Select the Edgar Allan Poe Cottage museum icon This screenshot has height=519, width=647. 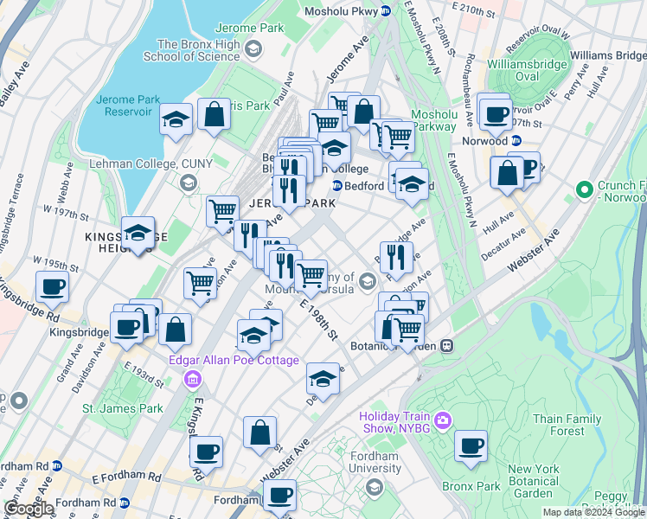pyautogui.click(x=193, y=378)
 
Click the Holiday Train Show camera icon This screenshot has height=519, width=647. pyautogui.click(x=443, y=420)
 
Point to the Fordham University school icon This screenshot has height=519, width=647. pyautogui.click(x=374, y=487)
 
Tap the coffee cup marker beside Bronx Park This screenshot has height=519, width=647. pyautogui.click(x=471, y=446)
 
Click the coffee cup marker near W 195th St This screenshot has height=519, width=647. pyautogui.click(x=52, y=286)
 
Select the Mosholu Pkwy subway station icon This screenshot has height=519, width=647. pyautogui.click(x=386, y=10)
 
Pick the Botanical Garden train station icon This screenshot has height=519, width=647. pyautogui.click(x=447, y=346)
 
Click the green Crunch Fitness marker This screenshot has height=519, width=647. pyautogui.click(x=585, y=188)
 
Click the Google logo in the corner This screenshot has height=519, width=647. pyautogui.click(x=29, y=509)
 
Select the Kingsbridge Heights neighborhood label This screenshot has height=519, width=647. pyautogui.click(x=113, y=242)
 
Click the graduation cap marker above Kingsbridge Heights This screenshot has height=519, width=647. pyautogui.click(x=138, y=233)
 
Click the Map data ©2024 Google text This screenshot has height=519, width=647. pyautogui.click(x=593, y=512)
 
